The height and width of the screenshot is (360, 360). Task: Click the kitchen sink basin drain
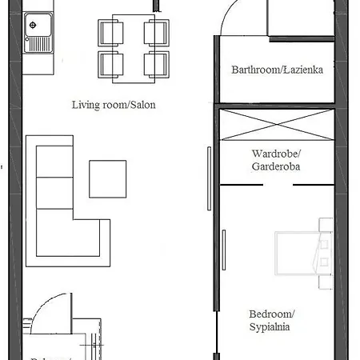point(33,24)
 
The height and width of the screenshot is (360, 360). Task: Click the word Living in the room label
point(86,105)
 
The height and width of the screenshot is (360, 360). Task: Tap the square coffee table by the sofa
point(107,178)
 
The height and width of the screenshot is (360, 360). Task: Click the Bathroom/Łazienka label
point(276,70)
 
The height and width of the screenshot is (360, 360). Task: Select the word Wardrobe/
point(275,153)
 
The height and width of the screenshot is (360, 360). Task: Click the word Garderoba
point(276,166)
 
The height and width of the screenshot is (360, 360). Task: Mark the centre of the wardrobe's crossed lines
point(274,124)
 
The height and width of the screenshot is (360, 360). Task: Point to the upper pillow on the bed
point(324,238)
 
